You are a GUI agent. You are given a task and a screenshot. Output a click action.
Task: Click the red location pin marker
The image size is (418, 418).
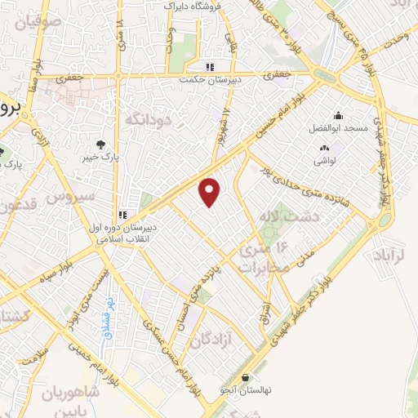[x=211, y=192]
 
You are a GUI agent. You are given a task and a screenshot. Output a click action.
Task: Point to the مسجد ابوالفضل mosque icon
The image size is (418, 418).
[x=338, y=115]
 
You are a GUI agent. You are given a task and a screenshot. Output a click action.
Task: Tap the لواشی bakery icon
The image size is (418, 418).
[x=326, y=148]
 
